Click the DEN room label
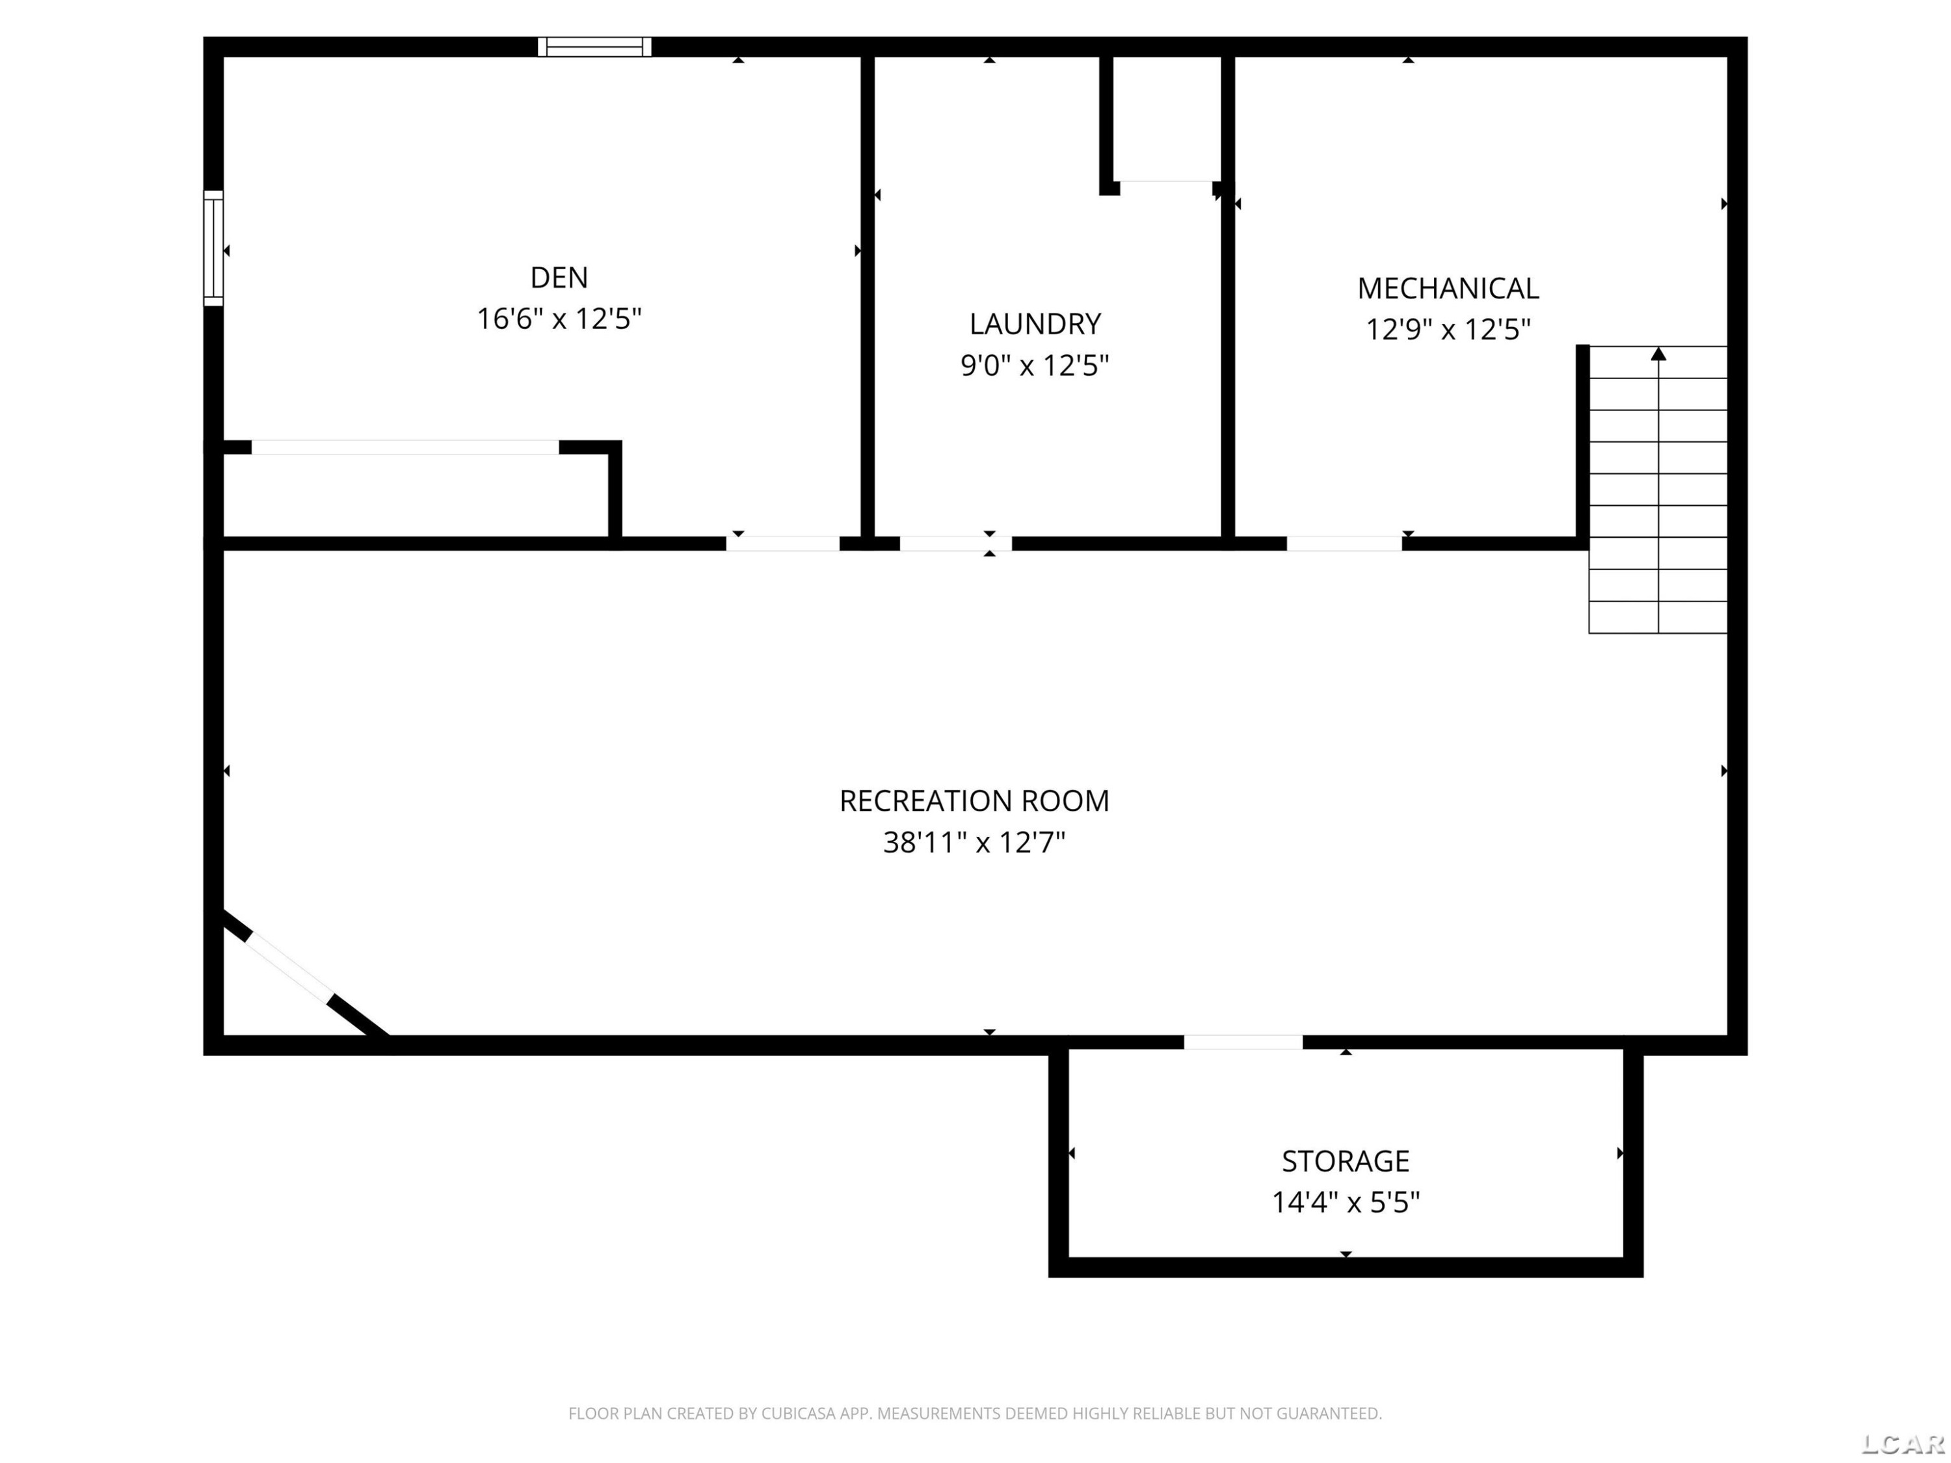[559, 278]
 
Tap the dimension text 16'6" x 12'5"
[559, 319]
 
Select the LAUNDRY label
[1035, 324]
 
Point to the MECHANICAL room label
[1448, 288]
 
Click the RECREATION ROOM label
[974, 800]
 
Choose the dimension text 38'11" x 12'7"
[974, 842]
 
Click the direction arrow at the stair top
[1658, 354]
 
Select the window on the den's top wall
[594, 47]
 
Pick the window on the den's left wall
[213, 248]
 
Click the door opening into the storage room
[1243, 1042]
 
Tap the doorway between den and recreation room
[782, 543]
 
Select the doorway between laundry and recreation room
[955, 543]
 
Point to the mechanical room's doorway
[1344, 543]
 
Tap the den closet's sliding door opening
[405, 447]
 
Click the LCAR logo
[1902, 1443]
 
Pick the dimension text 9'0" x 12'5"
[1035, 365]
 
